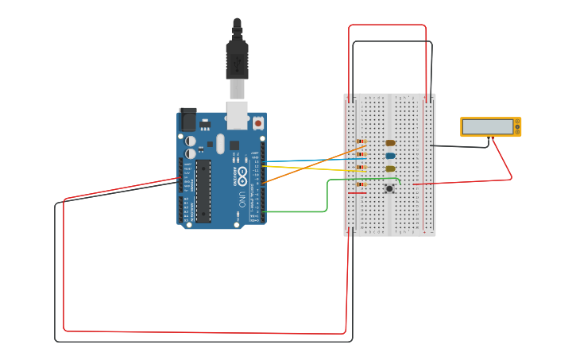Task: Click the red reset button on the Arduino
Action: [258, 123]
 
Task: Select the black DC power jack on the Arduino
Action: [187, 119]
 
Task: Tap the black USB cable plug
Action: [237, 60]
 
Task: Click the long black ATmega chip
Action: [203, 191]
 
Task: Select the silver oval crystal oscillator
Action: [220, 144]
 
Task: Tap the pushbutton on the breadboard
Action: [389, 188]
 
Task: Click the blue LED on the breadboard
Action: [390, 156]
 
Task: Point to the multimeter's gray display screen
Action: [488, 126]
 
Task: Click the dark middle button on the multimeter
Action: [517, 126]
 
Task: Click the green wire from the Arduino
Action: [327, 199]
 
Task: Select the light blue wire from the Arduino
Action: [310, 160]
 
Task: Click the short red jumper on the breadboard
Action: [358, 192]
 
